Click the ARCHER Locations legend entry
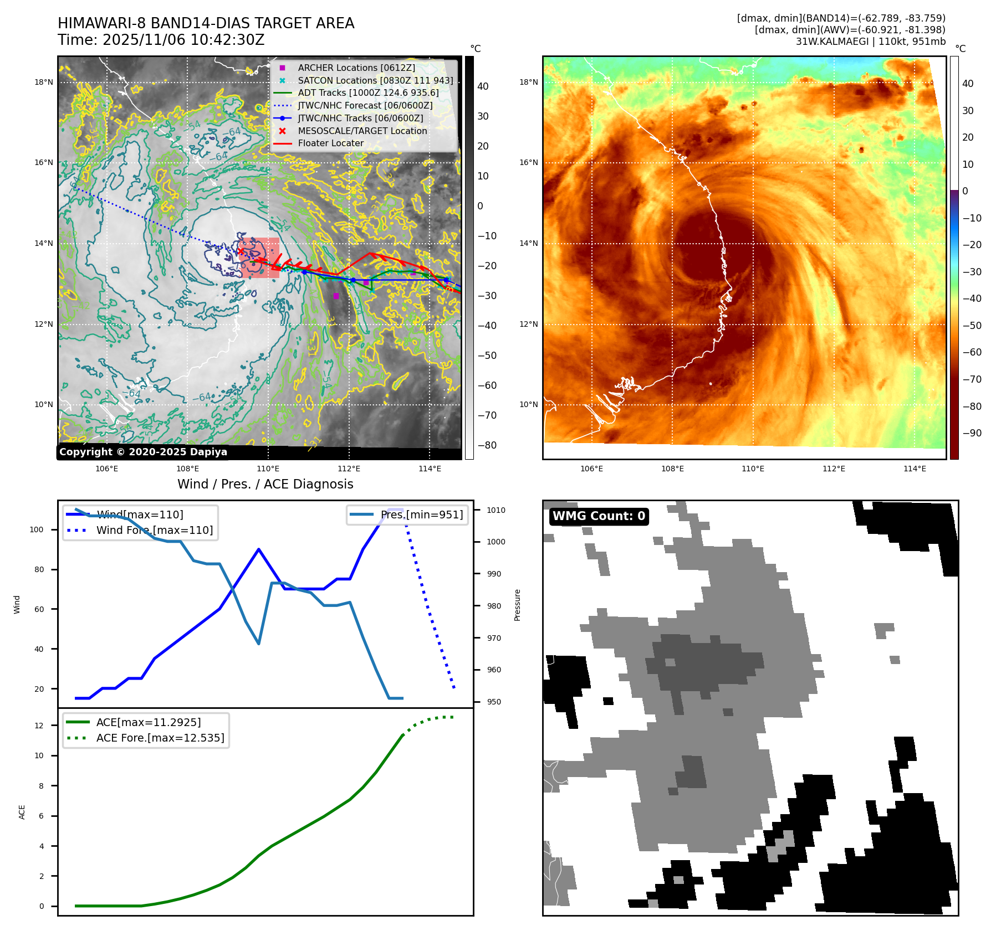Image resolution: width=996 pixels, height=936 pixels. pos(356,68)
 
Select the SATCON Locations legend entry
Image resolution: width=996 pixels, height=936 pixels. pos(375,80)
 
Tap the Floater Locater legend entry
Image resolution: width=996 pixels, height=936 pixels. pos(330,143)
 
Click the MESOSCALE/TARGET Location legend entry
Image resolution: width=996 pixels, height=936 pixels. pos(362,131)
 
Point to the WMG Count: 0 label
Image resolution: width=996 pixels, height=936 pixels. pos(599,516)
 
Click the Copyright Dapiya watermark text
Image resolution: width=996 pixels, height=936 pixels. pos(143,452)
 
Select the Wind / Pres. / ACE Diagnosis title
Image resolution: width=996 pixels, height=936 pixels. pos(265,484)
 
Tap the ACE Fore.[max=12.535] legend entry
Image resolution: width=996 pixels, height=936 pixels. pos(160,738)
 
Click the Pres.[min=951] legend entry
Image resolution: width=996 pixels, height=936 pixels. pos(421,515)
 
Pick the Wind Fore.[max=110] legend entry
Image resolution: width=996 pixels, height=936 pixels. pos(154,530)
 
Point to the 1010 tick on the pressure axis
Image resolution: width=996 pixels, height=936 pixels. pos(496,510)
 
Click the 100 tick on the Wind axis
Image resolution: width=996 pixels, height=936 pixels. pos(37,529)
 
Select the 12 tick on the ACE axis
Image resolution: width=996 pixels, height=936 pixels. pos(39,726)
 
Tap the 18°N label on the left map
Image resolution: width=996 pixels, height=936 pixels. pos(44,83)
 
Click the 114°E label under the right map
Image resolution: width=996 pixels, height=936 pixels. pos(915,469)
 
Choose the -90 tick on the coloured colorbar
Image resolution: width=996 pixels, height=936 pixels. pos(972,433)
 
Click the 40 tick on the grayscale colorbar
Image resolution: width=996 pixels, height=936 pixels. pos(483,86)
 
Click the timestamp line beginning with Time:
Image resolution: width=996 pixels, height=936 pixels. pos(161,40)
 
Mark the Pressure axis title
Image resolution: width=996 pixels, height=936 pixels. pos(517,605)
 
